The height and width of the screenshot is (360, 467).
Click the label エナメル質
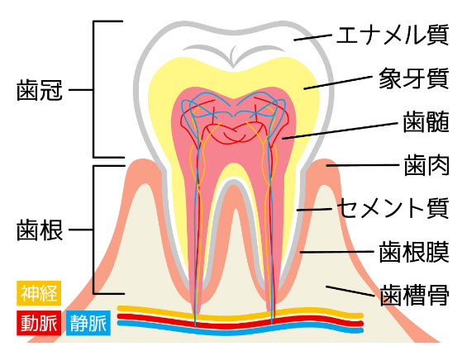click(393, 36)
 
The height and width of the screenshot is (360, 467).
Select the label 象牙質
click(414, 78)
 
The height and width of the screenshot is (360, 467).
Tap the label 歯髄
click(426, 122)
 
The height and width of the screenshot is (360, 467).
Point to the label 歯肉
click(426, 165)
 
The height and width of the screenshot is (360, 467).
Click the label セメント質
click(393, 208)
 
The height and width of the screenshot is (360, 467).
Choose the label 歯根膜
click(414, 252)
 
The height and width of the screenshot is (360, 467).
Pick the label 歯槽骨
click(415, 295)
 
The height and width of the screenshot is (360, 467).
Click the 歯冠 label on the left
click(40, 90)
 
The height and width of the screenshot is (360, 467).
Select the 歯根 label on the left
click(40, 230)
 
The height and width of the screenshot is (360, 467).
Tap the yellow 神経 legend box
click(39, 293)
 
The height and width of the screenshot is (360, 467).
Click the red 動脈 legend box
click(39, 323)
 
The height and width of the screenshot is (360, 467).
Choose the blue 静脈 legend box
click(88, 323)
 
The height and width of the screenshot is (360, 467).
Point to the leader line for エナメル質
click(312, 37)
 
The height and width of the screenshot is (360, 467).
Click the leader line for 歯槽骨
click(350, 291)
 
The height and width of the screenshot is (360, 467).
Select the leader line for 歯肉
click(363, 165)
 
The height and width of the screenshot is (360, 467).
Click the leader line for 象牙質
click(338, 83)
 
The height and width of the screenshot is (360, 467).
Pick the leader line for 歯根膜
click(337, 252)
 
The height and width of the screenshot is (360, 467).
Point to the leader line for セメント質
click(315, 210)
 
